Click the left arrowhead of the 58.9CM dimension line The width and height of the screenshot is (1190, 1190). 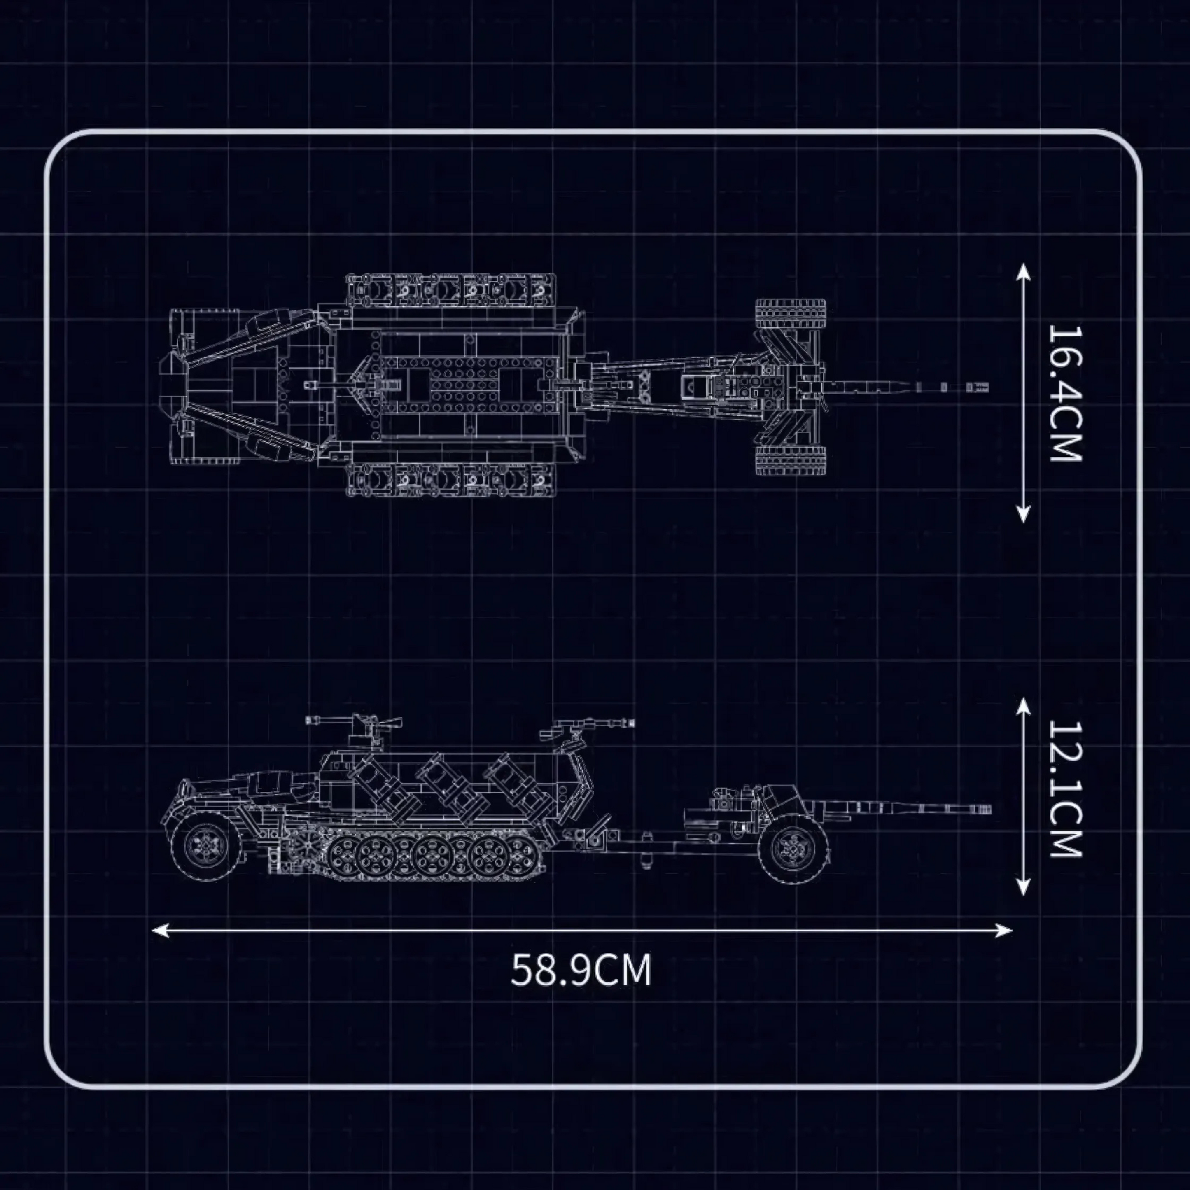[x=159, y=929]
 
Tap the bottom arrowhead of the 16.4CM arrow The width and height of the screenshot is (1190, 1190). [x=1023, y=514]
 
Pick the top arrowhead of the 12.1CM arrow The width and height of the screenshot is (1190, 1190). [x=1023, y=706]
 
